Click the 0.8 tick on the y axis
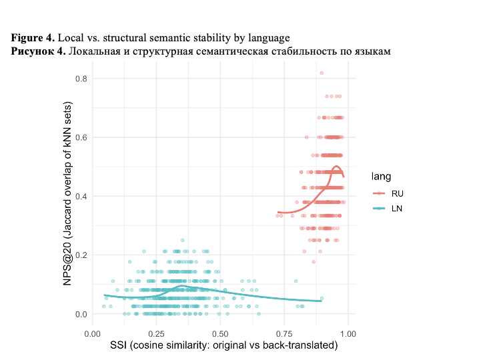[79, 79]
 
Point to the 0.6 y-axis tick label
[79, 137]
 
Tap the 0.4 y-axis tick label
[79, 196]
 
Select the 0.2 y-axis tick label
[79, 255]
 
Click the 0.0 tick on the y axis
[79, 314]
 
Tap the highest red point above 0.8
[322, 73]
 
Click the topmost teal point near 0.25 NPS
[181, 240]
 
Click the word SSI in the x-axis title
[120, 345]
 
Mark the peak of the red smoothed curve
[336, 166]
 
